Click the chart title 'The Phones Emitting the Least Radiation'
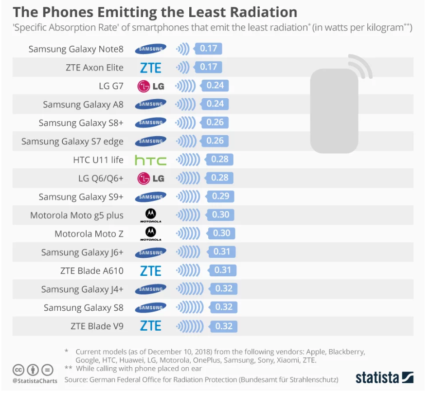[155, 12]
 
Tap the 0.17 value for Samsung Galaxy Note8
[209, 49]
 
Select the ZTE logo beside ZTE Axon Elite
[150, 68]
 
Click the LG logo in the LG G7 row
[151, 86]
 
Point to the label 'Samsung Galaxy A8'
[83, 105]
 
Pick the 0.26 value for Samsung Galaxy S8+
[215, 123]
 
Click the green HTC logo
[150, 160]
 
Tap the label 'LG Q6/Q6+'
[101, 179]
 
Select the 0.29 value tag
[221, 196]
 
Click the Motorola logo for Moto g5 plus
[151, 214]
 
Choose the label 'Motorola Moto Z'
[89, 234]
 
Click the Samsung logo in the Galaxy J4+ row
[151, 289]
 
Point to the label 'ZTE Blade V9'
[97, 326]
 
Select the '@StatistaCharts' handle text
[35, 380]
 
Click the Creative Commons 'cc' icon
[19, 369]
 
